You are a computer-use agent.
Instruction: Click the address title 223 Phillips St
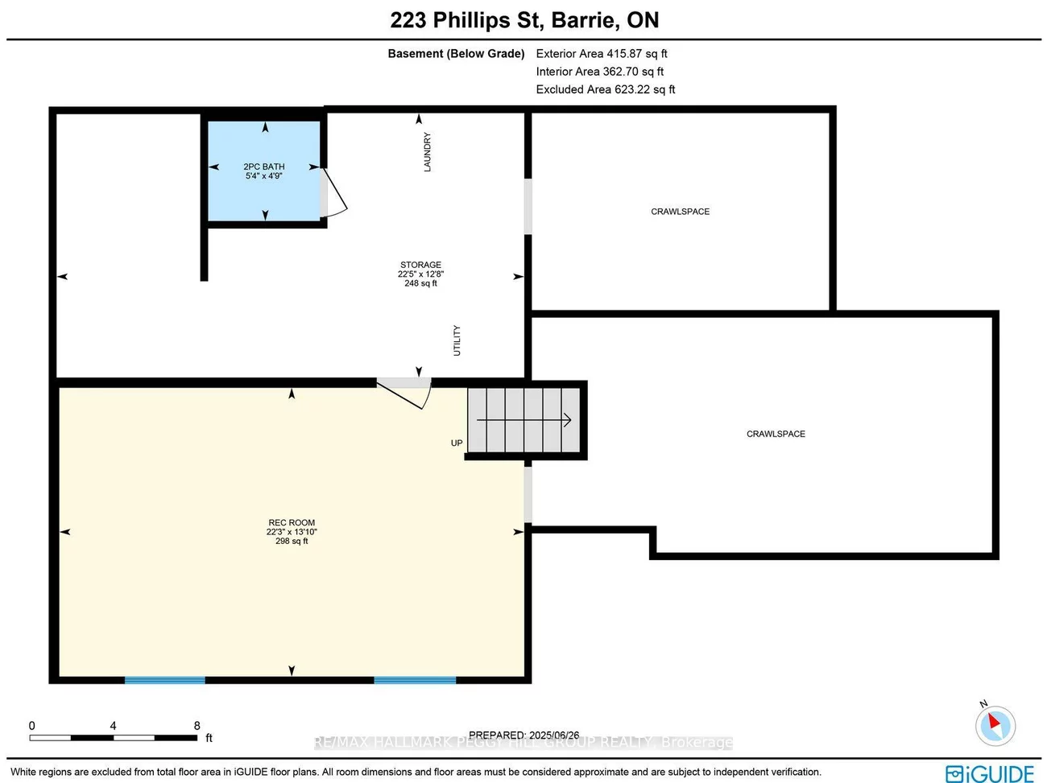pos(524,20)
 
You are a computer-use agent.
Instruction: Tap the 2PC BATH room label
pos(264,171)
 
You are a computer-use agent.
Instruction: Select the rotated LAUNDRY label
pos(428,152)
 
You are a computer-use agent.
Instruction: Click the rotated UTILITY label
pos(457,340)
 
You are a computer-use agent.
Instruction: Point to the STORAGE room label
pos(420,274)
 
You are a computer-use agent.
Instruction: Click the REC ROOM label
pos(292,531)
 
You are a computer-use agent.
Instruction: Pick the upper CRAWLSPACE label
pos(680,212)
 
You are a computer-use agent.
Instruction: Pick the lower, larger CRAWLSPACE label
pos(776,434)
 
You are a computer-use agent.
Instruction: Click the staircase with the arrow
pos(524,420)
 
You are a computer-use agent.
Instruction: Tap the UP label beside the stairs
pos(457,443)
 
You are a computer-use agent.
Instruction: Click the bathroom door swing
pos(333,193)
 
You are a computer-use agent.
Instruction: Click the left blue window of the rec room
pos(165,680)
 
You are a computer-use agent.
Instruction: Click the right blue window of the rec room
pos(415,680)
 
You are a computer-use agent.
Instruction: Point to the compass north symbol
pos(995,725)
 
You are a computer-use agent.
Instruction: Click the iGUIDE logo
pos(990,773)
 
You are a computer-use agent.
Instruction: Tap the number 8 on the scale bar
pos(197,726)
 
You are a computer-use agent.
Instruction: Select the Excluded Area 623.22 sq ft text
pos(606,89)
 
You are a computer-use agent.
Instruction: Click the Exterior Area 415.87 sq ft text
pos(602,54)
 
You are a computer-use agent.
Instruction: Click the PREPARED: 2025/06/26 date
pos(523,735)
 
